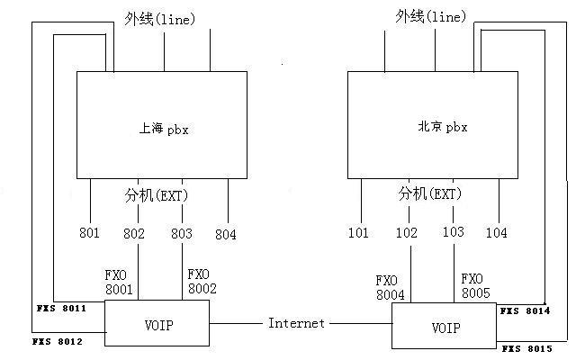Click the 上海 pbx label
click(164, 129)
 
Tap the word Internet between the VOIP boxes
click(296, 323)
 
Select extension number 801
click(89, 234)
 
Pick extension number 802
click(134, 234)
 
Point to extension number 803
click(183, 234)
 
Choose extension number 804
click(226, 235)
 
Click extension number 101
click(358, 233)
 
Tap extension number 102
click(407, 233)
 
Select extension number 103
click(454, 232)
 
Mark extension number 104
click(496, 233)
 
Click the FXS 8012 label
click(58, 342)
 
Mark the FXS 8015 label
click(526, 347)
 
